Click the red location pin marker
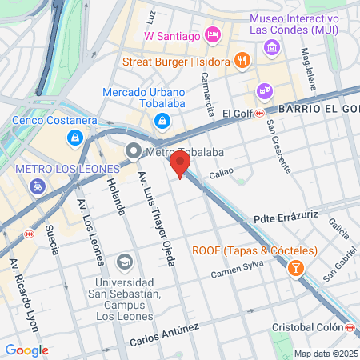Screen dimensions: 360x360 [x=180, y=166]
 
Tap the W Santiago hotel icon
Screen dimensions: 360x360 [x=212, y=34]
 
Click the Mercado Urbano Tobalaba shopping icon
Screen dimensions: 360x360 [x=162, y=120]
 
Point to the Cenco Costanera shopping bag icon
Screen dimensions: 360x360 [x=75, y=138]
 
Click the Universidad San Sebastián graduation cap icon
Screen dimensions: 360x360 [x=124, y=262]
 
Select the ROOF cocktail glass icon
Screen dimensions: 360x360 [x=296, y=267]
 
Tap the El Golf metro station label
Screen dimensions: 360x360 [x=238, y=113]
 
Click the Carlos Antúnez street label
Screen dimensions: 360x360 [x=165, y=335]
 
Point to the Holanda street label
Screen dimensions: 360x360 [x=115, y=196]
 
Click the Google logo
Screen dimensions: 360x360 [x=26, y=350]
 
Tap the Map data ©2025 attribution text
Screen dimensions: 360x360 [x=324, y=354]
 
